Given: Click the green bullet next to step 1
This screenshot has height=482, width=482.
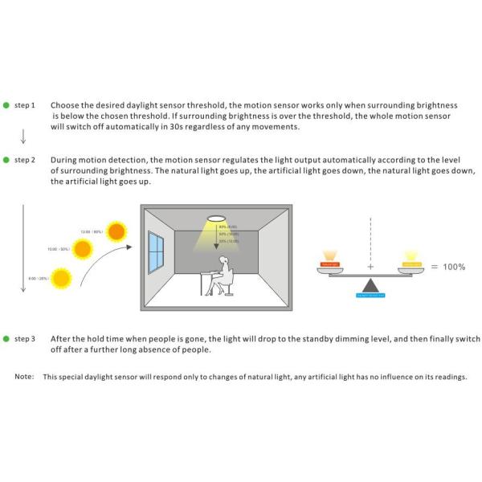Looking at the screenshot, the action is click(6, 105).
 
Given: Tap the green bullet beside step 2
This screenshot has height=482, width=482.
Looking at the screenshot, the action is click(6, 160).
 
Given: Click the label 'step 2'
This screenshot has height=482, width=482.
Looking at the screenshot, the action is click(25, 160).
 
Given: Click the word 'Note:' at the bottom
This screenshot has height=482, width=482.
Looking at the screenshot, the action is click(23, 376).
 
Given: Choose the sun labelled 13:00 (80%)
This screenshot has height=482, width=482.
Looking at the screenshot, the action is click(117, 232).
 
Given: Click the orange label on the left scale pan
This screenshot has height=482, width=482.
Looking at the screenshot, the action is click(330, 263).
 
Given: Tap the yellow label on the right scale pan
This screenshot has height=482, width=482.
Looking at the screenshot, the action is click(411, 263).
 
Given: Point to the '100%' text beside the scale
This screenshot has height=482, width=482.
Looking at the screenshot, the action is click(454, 266).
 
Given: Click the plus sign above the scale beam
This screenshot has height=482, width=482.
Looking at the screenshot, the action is click(370, 266).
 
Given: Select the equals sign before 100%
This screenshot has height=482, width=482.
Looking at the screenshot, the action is click(434, 266).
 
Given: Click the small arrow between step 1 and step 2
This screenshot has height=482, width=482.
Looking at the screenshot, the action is click(23, 134).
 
